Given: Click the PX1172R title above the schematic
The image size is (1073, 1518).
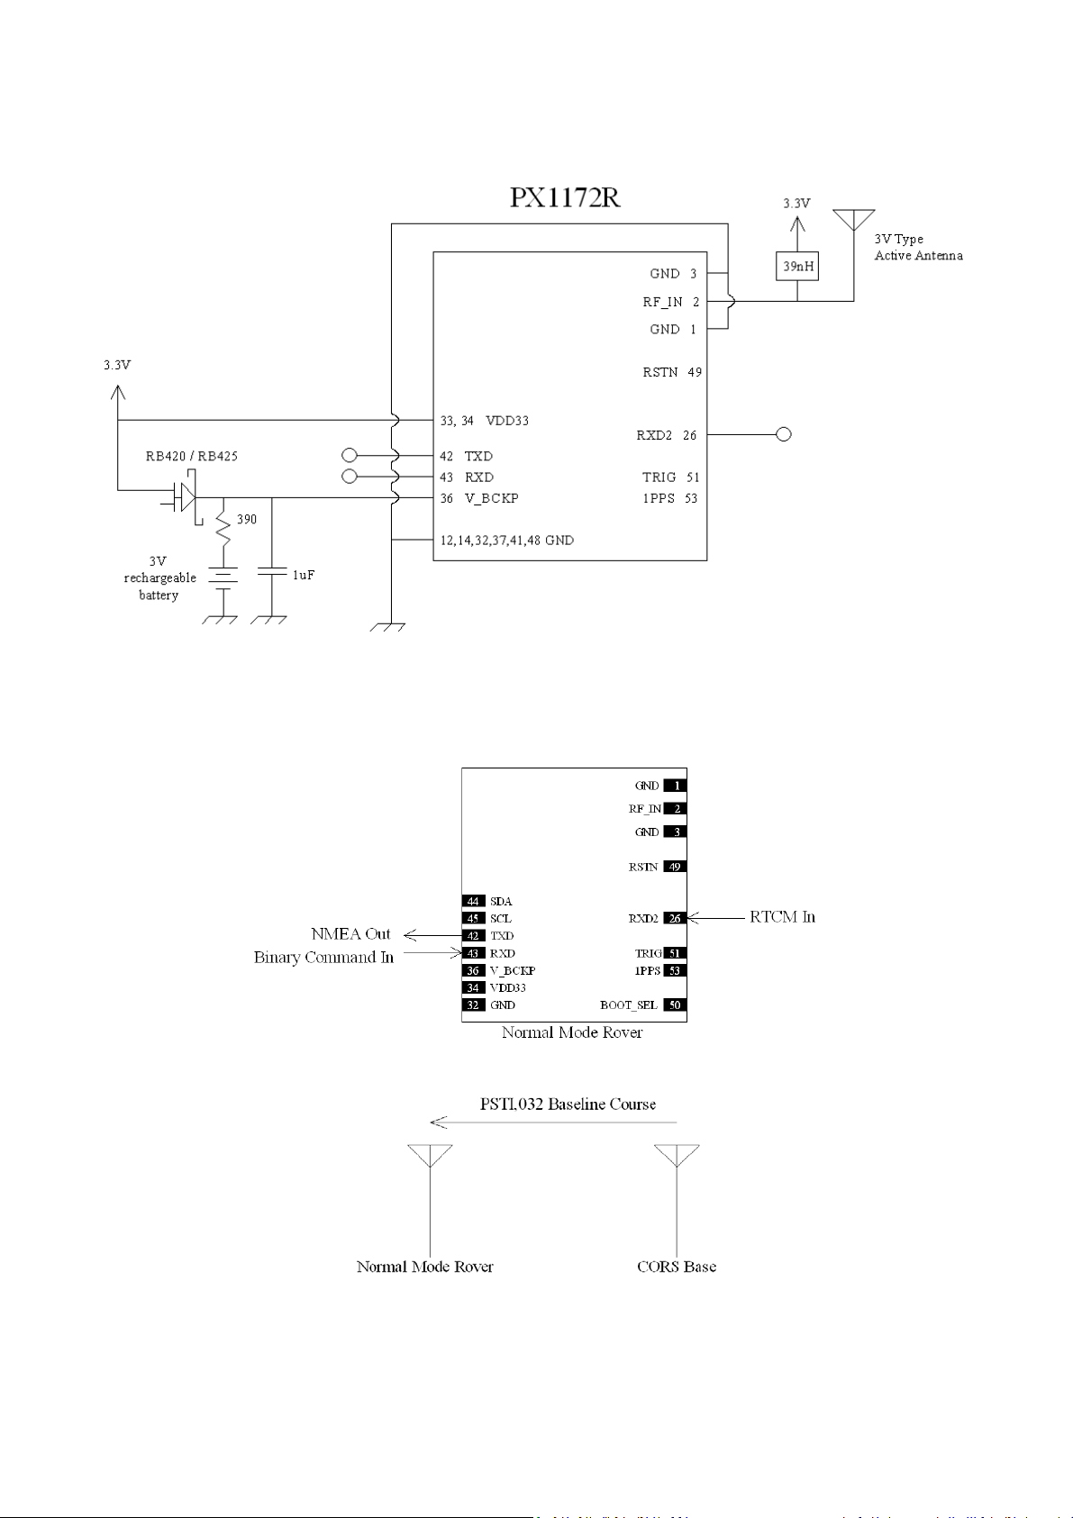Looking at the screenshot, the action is coord(565,197).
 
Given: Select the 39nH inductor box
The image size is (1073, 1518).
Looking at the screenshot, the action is coord(797,267).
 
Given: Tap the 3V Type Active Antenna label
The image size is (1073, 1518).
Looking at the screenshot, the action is coord(918,247).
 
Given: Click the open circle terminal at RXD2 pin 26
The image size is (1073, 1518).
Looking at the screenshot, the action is coord(784,434).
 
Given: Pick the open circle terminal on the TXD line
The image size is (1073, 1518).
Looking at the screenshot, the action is coord(349,456).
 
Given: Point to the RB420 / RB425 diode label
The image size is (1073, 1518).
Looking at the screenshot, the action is coord(192,456).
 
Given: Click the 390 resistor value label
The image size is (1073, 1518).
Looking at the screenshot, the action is coord(247,519).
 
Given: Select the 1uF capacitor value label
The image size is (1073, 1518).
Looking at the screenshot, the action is coord(304,575).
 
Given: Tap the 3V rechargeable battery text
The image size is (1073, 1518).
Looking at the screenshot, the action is coord(159,578).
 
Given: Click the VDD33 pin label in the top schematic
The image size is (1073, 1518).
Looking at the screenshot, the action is coord(507,421).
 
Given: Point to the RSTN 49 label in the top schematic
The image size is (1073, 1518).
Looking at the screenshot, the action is coord(672,372).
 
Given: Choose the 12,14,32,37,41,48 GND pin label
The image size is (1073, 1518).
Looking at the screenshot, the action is coord(507,541).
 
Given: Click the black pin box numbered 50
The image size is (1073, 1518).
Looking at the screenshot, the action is coord(675,1005).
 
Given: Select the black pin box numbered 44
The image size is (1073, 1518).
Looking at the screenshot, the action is coord(473,901).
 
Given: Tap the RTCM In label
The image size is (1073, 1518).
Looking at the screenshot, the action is coord(782,917).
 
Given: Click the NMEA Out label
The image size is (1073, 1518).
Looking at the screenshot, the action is coord(350,934).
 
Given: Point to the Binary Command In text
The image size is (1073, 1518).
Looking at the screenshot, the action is coord(323,957).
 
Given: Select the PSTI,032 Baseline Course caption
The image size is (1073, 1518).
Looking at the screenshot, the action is coord(568,1104).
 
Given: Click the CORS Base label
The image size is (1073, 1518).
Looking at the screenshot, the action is coord(677,1267).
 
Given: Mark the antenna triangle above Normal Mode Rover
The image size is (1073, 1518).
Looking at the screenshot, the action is coord(430,1155).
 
